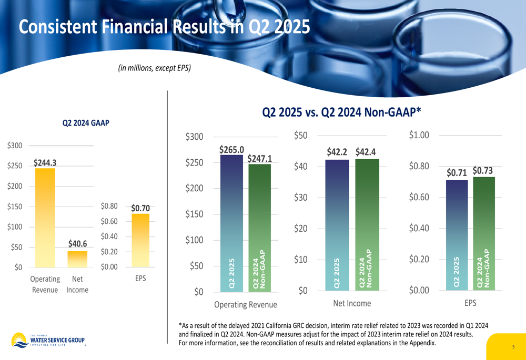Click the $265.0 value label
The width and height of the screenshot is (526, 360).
point(232,150)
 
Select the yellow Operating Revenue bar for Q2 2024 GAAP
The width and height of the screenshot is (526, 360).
point(45,218)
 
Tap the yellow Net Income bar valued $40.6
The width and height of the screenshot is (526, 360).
point(77,259)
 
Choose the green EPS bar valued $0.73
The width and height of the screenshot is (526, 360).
point(484,233)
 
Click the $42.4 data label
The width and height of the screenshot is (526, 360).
point(366,152)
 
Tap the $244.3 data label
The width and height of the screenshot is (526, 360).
point(45,163)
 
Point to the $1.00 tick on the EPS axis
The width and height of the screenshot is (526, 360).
point(419,136)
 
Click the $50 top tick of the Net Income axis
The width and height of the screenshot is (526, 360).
point(300,136)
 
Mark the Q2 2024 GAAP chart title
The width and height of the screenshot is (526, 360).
point(86,124)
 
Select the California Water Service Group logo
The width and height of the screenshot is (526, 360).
point(47,340)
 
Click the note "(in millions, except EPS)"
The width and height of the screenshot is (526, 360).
point(154,68)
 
